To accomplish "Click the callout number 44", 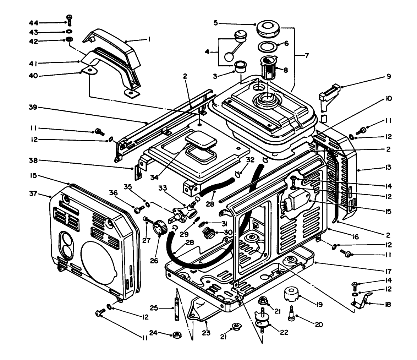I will [x=34, y=23].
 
